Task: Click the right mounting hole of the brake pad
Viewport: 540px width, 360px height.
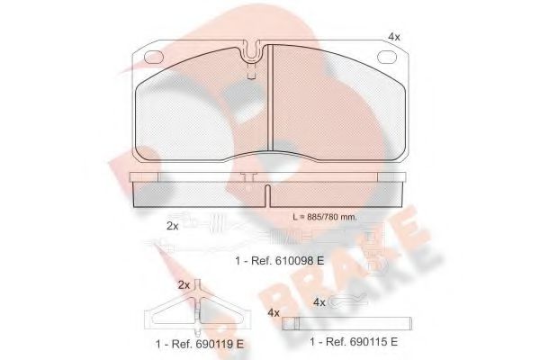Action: [391, 58]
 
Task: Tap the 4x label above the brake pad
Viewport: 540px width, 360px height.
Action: [393, 36]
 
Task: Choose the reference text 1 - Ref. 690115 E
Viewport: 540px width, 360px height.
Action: [355, 342]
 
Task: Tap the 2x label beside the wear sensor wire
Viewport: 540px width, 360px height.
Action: [173, 225]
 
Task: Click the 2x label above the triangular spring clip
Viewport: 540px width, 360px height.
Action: [184, 284]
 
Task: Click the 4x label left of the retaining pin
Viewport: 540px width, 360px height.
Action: [273, 313]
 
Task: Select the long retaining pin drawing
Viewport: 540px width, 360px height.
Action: [347, 322]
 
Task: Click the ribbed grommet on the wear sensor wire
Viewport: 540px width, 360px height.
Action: [220, 226]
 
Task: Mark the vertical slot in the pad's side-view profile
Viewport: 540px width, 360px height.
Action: [269, 193]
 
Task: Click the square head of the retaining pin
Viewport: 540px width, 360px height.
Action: [287, 322]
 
